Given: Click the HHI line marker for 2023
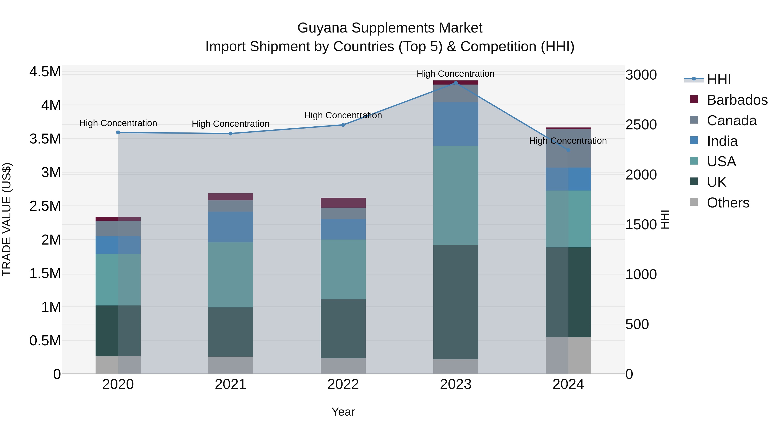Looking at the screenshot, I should pyautogui.click(x=456, y=83).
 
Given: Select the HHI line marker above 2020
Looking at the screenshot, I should pyautogui.click(x=118, y=132).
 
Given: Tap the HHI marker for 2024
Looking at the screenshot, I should pyautogui.click(x=568, y=150).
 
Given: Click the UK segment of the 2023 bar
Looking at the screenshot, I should pyautogui.click(x=456, y=302).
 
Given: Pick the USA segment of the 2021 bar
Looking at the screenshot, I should pyautogui.click(x=231, y=275).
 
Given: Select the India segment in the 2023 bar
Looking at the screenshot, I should pyautogui.click(x=456, y=124).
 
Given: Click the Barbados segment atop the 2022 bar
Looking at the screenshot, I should pyautogui.click(x=343, y=203).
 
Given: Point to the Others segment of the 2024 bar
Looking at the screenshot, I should pyautogui.click(x=568, y=355).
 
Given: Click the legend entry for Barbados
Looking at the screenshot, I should pyautogui.click(x=737, y=100).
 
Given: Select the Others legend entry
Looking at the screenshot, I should pyautogui.click(x=728, y=203).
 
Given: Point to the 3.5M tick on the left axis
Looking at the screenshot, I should pyautogui.click(x=45, y=139).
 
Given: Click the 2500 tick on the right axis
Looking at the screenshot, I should pyautogui.click(x=641, y=125).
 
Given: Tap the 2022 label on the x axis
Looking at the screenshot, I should pyautogui.click(x=343, y=384).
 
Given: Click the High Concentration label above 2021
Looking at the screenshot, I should pyautogui.click(x=231, y=124).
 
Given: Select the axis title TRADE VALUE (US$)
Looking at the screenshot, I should pyautogui.click(x=7, y=219).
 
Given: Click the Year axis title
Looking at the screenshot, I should pyautogui.click(x=343, y=412).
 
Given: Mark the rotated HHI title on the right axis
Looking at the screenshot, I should pyautogui.click(x=665, y=219).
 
